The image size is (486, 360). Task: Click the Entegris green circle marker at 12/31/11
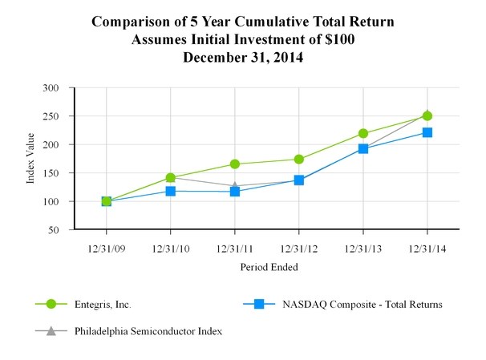(235, 164)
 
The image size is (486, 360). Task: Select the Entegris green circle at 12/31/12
(299, 159)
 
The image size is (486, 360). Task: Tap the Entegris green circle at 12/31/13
(363, 133)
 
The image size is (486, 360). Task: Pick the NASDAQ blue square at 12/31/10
(171, 191)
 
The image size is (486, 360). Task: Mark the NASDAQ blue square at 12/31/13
(363, 148)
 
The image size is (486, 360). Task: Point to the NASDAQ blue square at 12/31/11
(235, 192)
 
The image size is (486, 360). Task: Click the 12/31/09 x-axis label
(107, 247)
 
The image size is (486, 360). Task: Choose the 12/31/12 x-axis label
(299, 247)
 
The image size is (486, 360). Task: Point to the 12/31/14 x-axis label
(427, 247)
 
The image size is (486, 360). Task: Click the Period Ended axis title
(267, 266)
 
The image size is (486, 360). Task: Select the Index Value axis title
(30, 159)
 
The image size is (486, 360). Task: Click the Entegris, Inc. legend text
(103, 305)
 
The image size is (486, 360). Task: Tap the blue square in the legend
(259, 305)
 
